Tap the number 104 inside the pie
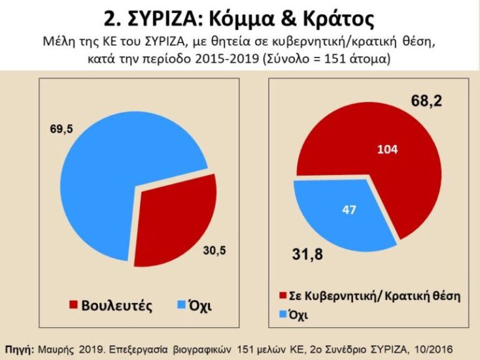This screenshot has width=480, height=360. click(388, 150)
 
